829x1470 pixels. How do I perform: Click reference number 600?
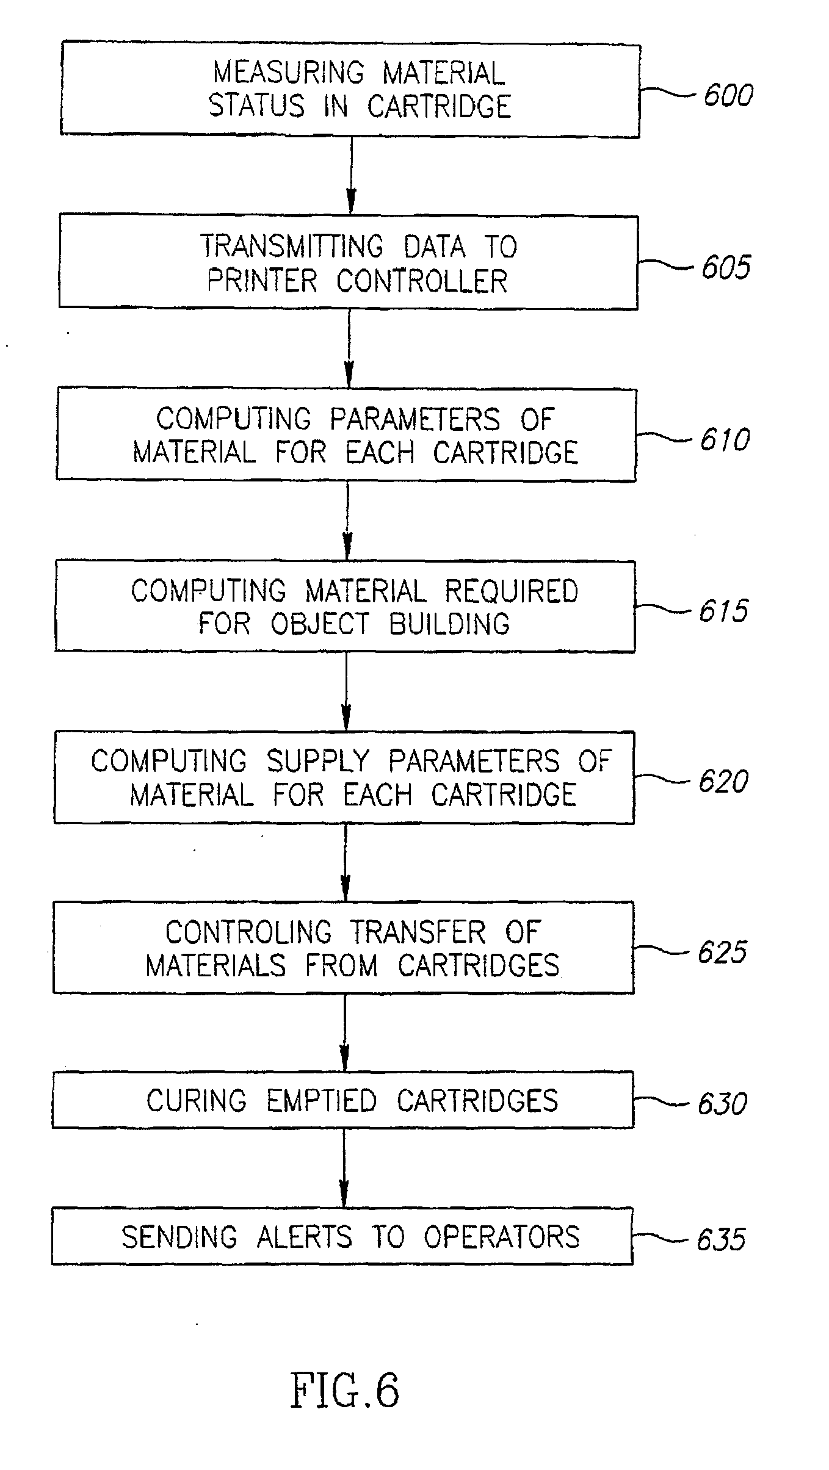[x=728, y=95]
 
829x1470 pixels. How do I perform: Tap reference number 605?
[x=726, y=267]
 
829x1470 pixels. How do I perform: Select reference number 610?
[x=725, y=439]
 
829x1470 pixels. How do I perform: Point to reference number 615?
[x=723, y=610]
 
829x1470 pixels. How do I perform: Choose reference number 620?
[x=723, y=781]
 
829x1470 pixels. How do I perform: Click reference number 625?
[x=722, y=952]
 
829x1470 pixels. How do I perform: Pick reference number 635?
[x=721, y=1239]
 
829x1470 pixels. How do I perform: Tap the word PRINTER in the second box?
[x=262, y=281]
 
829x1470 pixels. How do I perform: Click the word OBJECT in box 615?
[x=320, y=624]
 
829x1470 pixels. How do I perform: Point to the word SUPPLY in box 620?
[x=318, y=761]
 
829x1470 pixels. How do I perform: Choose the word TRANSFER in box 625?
[x=418, y=932]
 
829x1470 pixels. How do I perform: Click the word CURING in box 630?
[x=197, y=1100]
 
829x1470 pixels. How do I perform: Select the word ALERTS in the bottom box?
[x=304, y=1236]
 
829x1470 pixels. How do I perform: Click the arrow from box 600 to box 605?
[x=351, y=175]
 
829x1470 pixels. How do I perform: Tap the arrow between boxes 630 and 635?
[x=344, y=1167]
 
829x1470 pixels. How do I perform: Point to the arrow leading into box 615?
[x=347, y=521]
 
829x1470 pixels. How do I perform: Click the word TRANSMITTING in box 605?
[x=292, y=246]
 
